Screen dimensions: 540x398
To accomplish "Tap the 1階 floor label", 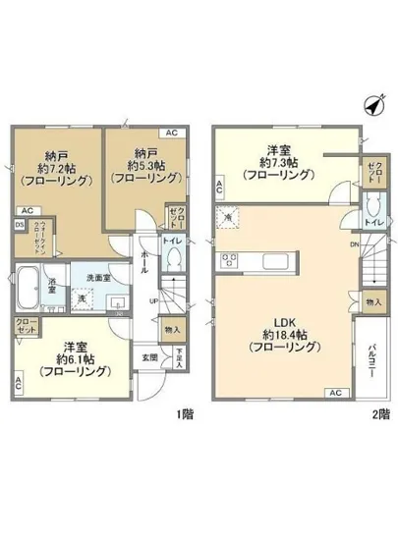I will click(184, 414).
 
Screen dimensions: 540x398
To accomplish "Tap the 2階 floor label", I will click(374, 414).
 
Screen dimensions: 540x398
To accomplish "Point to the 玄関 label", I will click(149, 356).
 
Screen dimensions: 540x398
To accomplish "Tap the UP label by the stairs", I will click(154, 300).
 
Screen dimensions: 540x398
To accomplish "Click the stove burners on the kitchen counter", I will click(231, 260).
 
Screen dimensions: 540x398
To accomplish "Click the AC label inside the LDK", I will click(333, 393).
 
